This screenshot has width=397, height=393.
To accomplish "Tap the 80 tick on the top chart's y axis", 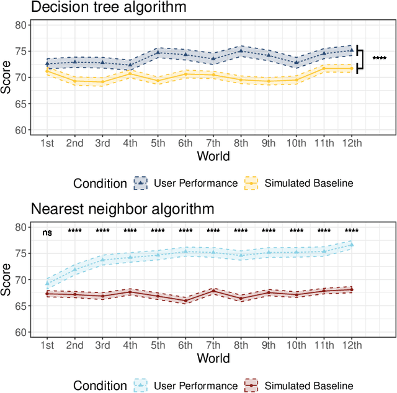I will click(x=22, y=25).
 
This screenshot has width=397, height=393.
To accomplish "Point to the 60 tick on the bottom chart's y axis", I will click(x=22, y=333).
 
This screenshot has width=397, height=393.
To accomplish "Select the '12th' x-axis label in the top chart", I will click(x=351, y=142).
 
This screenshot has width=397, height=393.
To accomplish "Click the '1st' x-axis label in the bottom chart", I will click(x=47, y=345).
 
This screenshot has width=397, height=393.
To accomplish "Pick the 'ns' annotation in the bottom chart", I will click(x=47, y=233).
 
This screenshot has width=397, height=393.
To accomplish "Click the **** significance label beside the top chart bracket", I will click(x=379, y=58).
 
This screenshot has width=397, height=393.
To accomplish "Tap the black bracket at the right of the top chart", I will click(x=360, y=58).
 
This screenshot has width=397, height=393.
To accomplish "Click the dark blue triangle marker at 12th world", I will click(x=352, y=50).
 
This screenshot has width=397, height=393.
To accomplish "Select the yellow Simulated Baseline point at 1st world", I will click(x=47, y=71).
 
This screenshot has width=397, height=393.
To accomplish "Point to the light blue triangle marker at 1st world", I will click(x=47, y=283).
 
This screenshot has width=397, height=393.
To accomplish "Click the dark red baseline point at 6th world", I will click(x=185, y=300).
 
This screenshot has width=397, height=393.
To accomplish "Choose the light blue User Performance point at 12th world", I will click(x=352, y=245).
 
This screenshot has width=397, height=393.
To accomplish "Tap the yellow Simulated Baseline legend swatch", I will click(x=251, y=183).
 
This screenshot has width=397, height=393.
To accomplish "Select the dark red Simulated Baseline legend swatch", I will click(x=251, y=386).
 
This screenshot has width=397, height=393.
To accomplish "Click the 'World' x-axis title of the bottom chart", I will click(x=213, y=358).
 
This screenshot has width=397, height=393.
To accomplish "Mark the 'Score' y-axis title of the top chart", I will click(x=7, y=78).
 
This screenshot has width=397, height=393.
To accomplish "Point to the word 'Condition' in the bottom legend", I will click(x=99, y=386).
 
